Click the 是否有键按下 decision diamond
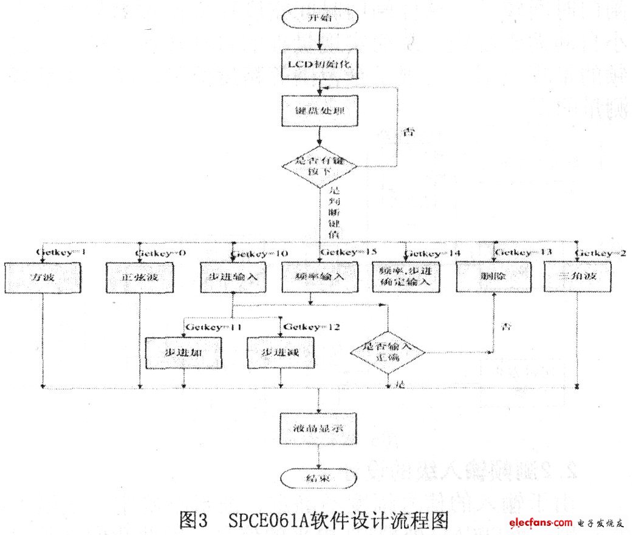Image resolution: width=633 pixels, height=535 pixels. click(x=319, y=165)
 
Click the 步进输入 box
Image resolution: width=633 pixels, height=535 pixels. click(x=234, y=277)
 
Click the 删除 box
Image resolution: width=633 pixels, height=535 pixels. click(x=493, y=277)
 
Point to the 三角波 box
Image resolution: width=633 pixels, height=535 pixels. click(x=576, y=277)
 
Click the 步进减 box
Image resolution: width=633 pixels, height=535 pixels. click(x=281, y=353)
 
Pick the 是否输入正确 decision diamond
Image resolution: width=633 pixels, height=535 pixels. click(x=388, y=351)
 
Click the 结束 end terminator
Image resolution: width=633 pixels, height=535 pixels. click(x=318, y=478)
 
